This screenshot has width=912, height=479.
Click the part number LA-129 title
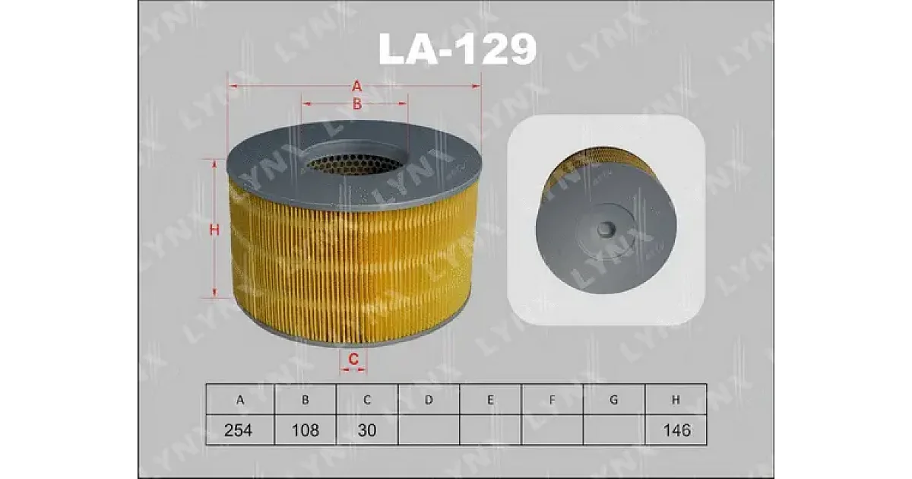[x=458, y=49]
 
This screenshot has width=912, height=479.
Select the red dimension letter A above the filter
[x=356, y=87]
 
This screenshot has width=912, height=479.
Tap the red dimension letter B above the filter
[x=357, y=104]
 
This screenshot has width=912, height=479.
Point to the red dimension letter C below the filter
[x=353, y=359]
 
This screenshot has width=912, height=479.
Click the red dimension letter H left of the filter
[x=214, y=230]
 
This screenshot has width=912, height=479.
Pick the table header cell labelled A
[x=240, y=400]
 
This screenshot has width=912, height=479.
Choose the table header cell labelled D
[x=429, y=400]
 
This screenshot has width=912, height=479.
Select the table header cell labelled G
[x=613, y=400]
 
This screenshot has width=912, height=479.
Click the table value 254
[x=238, y=430]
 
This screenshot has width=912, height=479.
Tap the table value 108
[x=306, y=430]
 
